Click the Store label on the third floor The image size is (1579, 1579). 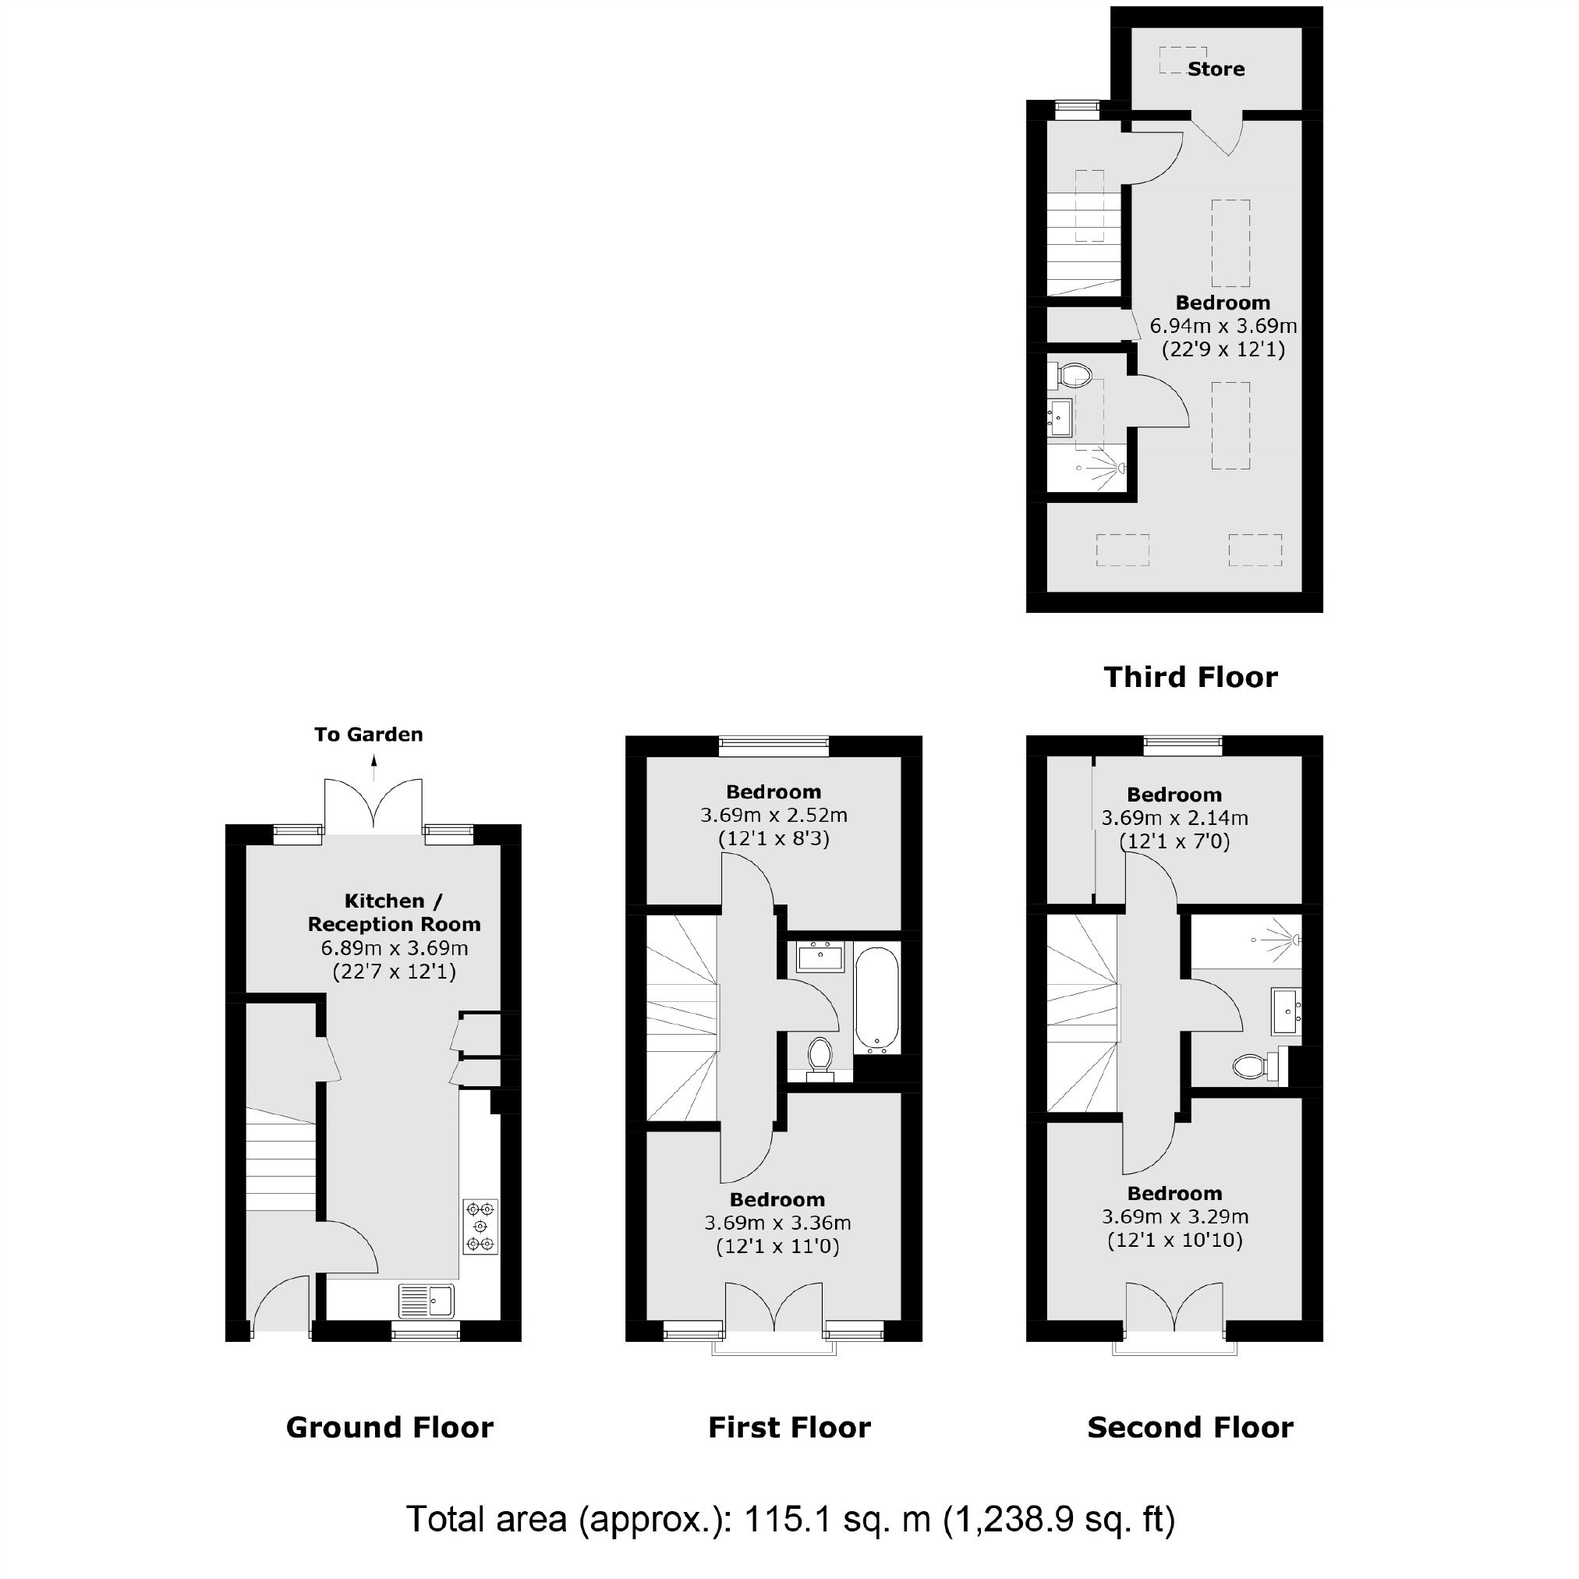1216,69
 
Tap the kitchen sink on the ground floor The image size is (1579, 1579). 427,1300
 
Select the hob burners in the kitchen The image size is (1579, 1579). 480,1226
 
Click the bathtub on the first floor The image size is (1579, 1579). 877,1000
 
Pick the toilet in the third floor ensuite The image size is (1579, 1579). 1071,377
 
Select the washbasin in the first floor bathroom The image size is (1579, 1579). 821,956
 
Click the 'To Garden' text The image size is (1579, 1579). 369,735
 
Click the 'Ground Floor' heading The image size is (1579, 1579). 390,1428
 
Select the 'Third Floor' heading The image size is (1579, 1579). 1191,677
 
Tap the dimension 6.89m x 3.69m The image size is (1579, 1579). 395,948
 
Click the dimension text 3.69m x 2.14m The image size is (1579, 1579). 1174,818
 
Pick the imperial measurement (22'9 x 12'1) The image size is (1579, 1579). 1223,350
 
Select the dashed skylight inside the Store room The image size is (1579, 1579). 1183,61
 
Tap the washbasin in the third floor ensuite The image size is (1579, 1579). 1060,419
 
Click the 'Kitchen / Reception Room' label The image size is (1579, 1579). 394,913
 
